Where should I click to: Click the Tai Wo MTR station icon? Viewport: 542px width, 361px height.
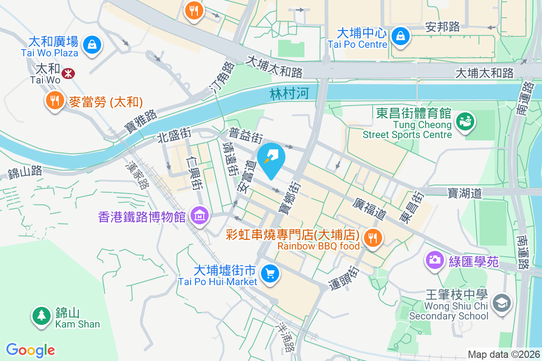(69, 73)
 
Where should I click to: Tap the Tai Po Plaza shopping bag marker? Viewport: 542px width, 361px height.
(92, 45)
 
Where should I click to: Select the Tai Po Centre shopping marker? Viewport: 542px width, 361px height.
(400, 37)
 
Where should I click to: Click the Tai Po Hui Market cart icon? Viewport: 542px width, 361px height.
(270, 273)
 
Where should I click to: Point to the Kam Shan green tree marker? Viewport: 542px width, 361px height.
(42, 316)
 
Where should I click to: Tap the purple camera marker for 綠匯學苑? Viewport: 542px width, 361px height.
(435, 259)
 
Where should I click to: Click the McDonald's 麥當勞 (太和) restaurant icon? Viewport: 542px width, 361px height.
(55, 100)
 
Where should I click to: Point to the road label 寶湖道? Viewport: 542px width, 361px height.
(465, 193)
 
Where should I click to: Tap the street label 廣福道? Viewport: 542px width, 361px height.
(369, 208)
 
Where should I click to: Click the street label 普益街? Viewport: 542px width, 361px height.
(246, 135)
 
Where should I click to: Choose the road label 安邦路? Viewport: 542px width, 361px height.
(442, 28)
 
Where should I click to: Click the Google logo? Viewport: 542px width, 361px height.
(30, 350)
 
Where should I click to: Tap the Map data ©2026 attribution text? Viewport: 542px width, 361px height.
(504, 355)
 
